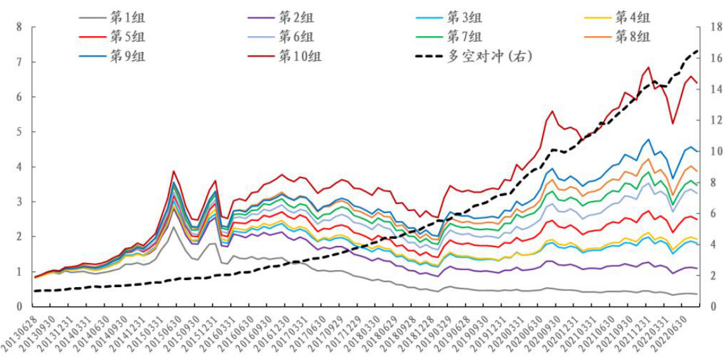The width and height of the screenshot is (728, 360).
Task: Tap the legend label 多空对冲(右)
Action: tap(489, 56)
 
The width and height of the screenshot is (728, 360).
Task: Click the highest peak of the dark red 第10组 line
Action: tap(649, 67)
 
